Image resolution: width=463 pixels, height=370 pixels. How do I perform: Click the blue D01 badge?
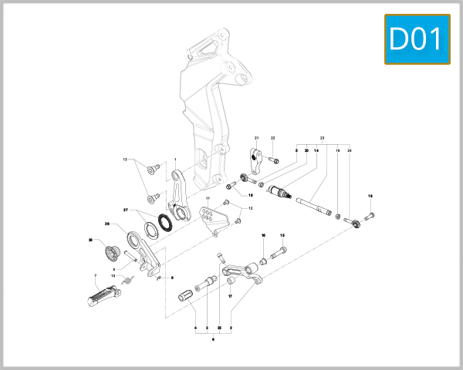click(x=417, y=38)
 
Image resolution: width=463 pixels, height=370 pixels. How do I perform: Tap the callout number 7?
click(x=94, y=275)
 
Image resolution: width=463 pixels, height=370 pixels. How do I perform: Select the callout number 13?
click(x=124, y=160)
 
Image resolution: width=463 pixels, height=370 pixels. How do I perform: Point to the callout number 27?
click(x=126, y=210)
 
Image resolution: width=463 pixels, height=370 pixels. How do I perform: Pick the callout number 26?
click(x=107, y=224)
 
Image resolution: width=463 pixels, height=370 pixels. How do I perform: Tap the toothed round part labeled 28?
click(x=110, y=252)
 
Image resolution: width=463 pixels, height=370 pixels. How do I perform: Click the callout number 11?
click(x=208, y=200)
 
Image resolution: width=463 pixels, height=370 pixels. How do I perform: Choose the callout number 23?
click(x=322, y=136)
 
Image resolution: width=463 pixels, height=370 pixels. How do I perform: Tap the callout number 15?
click(x=282, y=235)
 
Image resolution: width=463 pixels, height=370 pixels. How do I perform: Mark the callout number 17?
click(x=229, y=295)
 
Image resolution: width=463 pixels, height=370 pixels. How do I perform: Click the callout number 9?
click(x=172, y=277)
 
